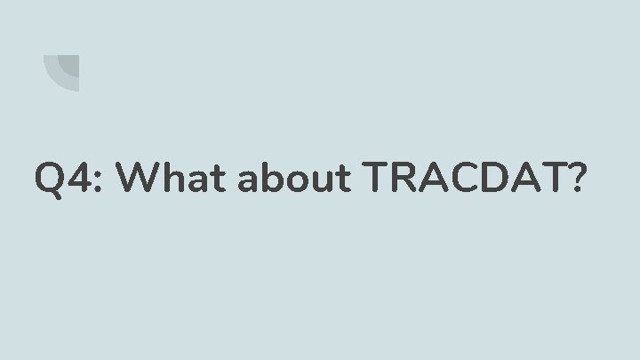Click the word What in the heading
click(x=172, y=180)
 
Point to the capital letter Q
click(x=51, y=180)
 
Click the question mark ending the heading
click(x=577, y=180)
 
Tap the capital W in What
click(x=139, y=180)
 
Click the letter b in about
click(x=274, y=180)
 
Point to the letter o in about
click(x=297, y=184)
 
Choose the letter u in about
click(x=320, y=184)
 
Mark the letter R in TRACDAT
click(x=407, y=180)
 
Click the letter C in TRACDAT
click(x=465, y=180)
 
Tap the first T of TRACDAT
click(x=379, y=180)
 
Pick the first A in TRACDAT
click(x=436, y=180)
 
